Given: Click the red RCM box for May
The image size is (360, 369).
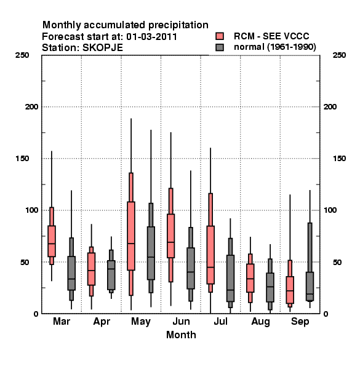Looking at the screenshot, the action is tap(131, 236).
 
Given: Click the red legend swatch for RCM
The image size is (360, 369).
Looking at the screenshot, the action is tap(220, 36).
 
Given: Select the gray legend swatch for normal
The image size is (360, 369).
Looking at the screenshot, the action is tap(220, 47).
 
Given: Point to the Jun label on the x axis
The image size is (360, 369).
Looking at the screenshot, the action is tap(181, 322).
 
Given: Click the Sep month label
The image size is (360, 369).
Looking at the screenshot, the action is tap(300, 322).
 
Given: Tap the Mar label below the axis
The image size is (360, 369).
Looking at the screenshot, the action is tap(62, 321).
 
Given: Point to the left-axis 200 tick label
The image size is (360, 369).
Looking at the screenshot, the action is tap(31, 107).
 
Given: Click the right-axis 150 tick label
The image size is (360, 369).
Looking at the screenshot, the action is tap(339, 159).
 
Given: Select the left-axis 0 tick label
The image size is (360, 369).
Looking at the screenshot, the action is tap(36, 314).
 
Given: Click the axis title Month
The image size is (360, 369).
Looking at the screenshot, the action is tap(181, 335).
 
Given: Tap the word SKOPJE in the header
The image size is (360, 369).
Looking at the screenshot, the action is tap(103, 48).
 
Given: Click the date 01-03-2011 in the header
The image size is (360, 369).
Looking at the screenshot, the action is tap(151, 37).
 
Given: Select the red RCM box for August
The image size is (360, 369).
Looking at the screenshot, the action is tap(250, 278).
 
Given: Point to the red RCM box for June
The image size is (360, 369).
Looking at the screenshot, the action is tap(170, 236).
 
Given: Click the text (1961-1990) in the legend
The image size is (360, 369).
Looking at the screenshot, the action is tap(292, 47).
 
